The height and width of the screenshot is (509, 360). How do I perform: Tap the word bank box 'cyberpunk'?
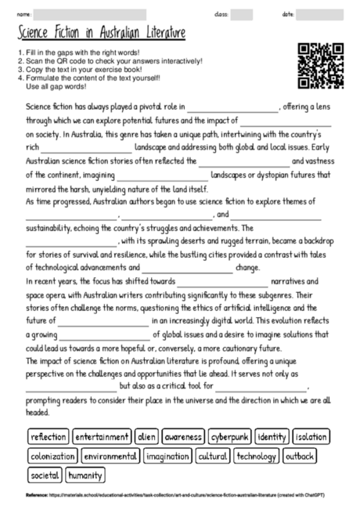(x=230, y=436)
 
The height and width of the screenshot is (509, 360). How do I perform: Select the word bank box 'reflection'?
(x=49, y=436)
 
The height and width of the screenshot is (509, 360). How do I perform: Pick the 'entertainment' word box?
(x=103, y=436)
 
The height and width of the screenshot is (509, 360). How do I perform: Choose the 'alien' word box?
(x=146, y=436)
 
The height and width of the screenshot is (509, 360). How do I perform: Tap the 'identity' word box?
(x=272, y=436)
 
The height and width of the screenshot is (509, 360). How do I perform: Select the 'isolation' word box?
(x=311, y=436)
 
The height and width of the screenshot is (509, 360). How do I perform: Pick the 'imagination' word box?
(x=167, y=456)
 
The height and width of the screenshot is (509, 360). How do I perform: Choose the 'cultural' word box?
(x=212, y=456)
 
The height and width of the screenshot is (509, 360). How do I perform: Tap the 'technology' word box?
(x=256, y=456)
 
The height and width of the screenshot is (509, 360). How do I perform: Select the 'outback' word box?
(x=301, y=456)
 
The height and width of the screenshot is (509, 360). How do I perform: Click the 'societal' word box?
(x=45, y=475)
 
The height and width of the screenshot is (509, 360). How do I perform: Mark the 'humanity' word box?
(x=85, y=475)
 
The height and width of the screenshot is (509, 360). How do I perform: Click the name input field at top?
(x=90, y=14)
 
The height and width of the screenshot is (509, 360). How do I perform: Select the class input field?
(x=241, y=14)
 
